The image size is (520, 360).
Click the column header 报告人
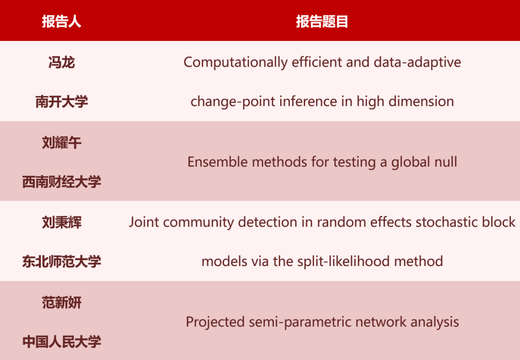(62, 22)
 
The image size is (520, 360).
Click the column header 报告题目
(322, 22)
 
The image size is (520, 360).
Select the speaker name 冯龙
(62, 62)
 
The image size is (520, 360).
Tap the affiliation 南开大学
(62, 102)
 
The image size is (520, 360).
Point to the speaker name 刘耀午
(62, 143)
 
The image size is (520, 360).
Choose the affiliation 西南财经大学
(62, 182)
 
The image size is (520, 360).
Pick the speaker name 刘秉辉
(62, 222)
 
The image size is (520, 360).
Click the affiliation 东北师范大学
(62, 262)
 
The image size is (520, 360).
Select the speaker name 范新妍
(62, 303)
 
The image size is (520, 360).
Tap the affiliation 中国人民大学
(62, 342)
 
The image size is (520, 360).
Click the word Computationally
(235, 63)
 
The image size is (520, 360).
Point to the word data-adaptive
(417, 63)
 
